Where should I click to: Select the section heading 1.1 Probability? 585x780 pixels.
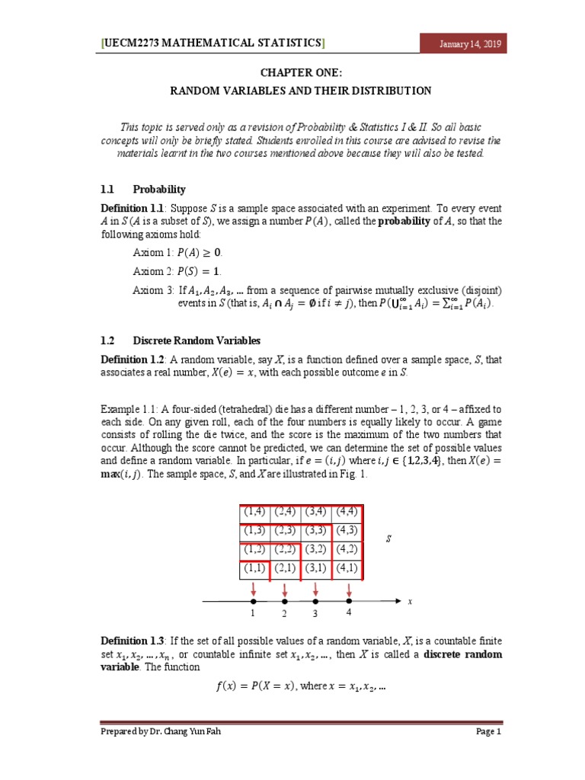point(143,189)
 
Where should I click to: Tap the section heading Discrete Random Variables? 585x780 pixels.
point(197,340)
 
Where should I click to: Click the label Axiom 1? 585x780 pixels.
point(151,252)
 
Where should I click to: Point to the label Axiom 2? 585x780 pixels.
point(151,270)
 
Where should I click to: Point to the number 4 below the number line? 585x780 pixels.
point(348,612)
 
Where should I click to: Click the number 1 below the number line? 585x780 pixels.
point(252,613)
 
